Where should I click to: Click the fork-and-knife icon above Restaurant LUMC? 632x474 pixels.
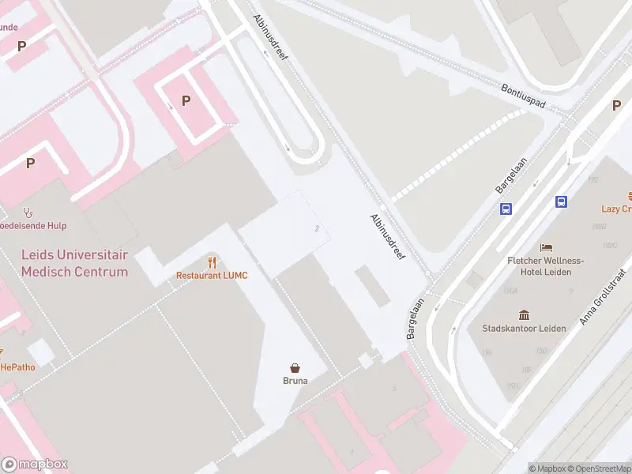(212, 261)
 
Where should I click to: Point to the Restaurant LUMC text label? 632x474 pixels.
(212, 276)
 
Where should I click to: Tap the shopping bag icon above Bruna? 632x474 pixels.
(295, 367)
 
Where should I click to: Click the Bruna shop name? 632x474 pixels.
(295, 381)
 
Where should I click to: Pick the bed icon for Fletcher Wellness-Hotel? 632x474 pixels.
(546, 248)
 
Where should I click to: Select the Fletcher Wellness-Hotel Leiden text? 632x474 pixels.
(546, 266)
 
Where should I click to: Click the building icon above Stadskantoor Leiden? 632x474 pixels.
(523, 314)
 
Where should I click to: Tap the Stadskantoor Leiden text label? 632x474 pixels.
(523, 328)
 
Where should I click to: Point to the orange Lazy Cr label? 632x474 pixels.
(616, 209)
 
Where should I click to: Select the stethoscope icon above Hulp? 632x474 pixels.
(28, 212)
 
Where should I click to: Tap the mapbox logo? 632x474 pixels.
(35, 465)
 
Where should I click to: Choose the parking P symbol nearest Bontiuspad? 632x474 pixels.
(616, 106)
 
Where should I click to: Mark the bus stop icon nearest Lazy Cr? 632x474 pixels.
(562, 201)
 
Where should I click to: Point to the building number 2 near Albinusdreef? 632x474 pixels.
(317, 228)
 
